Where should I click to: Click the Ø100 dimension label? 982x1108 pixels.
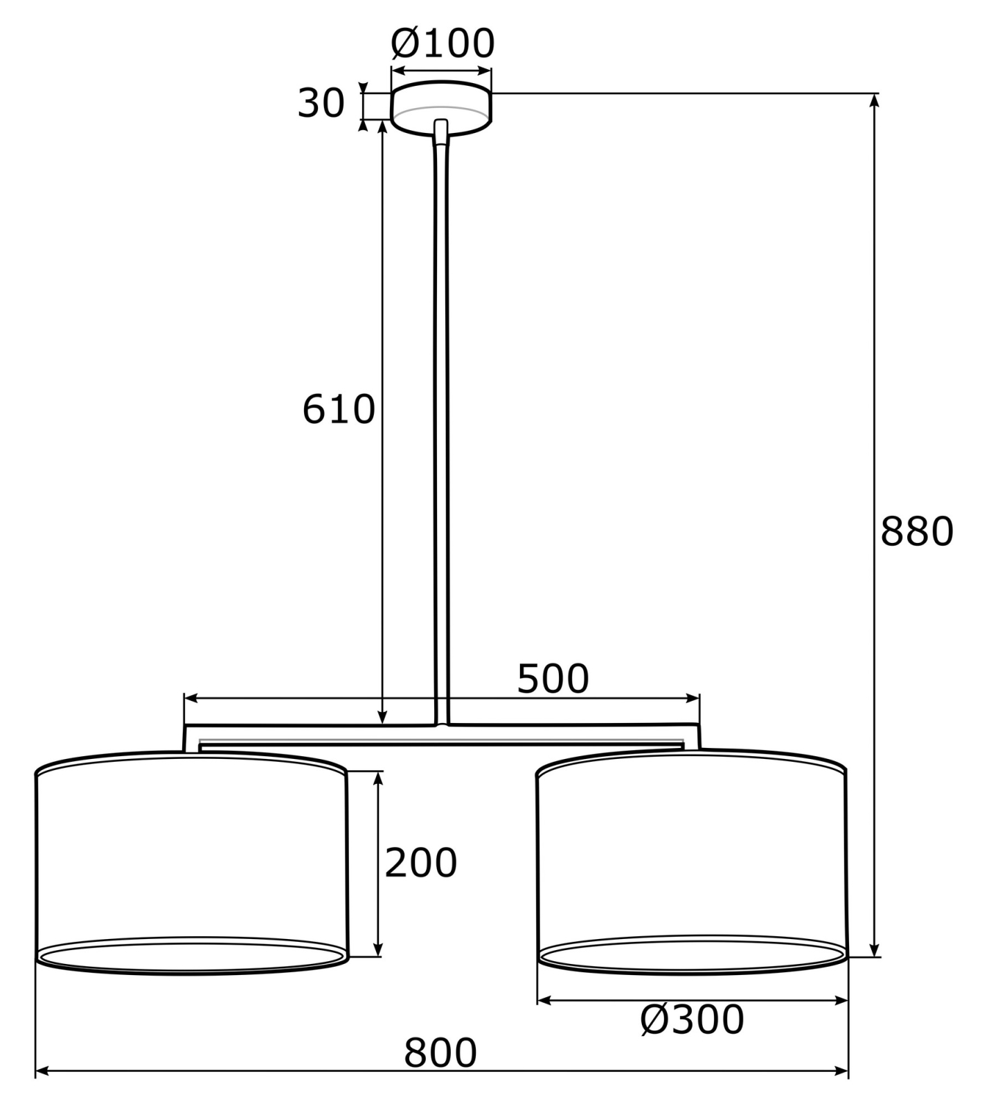pos(443,44)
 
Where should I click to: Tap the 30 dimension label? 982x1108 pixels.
pos(321,103)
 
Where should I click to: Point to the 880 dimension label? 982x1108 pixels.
pos(917,532)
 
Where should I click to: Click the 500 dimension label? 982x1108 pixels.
pos(553,679)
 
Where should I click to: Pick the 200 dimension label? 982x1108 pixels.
pos(421,863)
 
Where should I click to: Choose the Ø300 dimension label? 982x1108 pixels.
pos(692,1019)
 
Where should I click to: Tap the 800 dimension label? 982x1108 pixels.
pos(440,1053)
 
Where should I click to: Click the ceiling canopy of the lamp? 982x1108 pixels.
pos(442,107)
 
